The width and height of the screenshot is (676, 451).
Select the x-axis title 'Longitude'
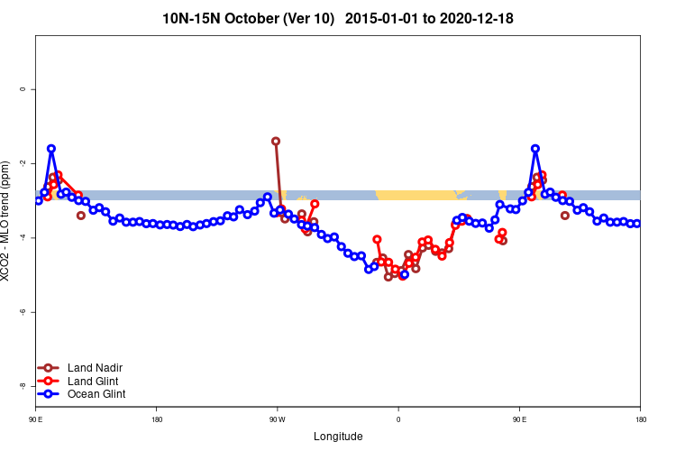click(x=338, y=437)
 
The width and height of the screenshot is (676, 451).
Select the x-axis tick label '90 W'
click(x=277, y=419)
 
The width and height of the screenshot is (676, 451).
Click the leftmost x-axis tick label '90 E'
click(x=36, y=419)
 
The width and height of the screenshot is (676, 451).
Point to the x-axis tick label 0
click(x=398, y=419)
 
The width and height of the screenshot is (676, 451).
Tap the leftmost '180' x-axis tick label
click(x=157, y=419)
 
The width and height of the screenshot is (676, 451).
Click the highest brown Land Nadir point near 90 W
click(x=276, y=141)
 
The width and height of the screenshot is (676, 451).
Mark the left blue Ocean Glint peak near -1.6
click(x=51, y=149)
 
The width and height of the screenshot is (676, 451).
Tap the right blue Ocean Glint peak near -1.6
click(x=535, y=149)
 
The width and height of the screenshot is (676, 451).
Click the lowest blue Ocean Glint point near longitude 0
click(x=405, y=274)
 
